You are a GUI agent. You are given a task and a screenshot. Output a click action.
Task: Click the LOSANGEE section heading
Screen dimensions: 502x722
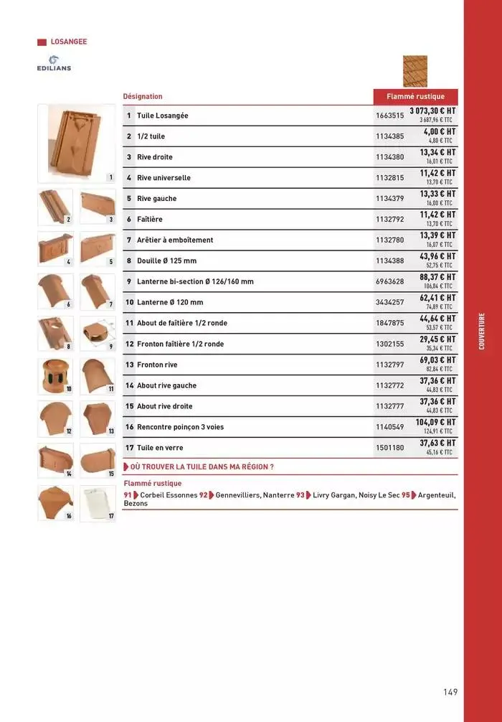tap(69, 42)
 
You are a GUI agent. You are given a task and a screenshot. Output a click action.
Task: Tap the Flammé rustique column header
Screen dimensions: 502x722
tap(415, 96)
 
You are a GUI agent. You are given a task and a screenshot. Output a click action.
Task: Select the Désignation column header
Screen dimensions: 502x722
tap(143, 96)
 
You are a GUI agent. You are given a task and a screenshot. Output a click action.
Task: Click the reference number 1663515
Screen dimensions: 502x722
tap(390, 116)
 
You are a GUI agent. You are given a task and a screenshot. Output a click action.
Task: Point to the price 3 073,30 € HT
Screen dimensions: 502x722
tap(432, 111)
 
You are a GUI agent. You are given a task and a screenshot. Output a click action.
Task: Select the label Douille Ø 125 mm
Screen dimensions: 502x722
tap(166, 261)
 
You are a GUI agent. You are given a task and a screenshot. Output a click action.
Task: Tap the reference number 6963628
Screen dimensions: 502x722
tap(390, 281)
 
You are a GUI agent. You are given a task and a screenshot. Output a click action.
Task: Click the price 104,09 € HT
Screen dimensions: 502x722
tap(436, 423)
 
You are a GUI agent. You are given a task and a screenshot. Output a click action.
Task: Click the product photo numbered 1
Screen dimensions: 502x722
tap(75, 141)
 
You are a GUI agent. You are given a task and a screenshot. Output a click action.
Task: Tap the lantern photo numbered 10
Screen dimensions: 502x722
tap(55, 376)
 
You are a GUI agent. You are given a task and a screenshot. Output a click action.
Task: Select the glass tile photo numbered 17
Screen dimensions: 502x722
tap(97, 502)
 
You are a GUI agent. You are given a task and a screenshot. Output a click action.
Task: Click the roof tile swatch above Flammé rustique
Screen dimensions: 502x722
tap(415, 71)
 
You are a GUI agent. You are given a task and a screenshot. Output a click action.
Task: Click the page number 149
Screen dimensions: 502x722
tap(450, 692)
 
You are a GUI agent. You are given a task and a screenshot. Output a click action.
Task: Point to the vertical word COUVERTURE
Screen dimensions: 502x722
tap(482, 331)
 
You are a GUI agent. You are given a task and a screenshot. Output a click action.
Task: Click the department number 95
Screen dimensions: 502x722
tap(405, 494)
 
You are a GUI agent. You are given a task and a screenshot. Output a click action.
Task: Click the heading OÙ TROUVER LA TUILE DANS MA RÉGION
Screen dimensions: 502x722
tap(202, 467)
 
